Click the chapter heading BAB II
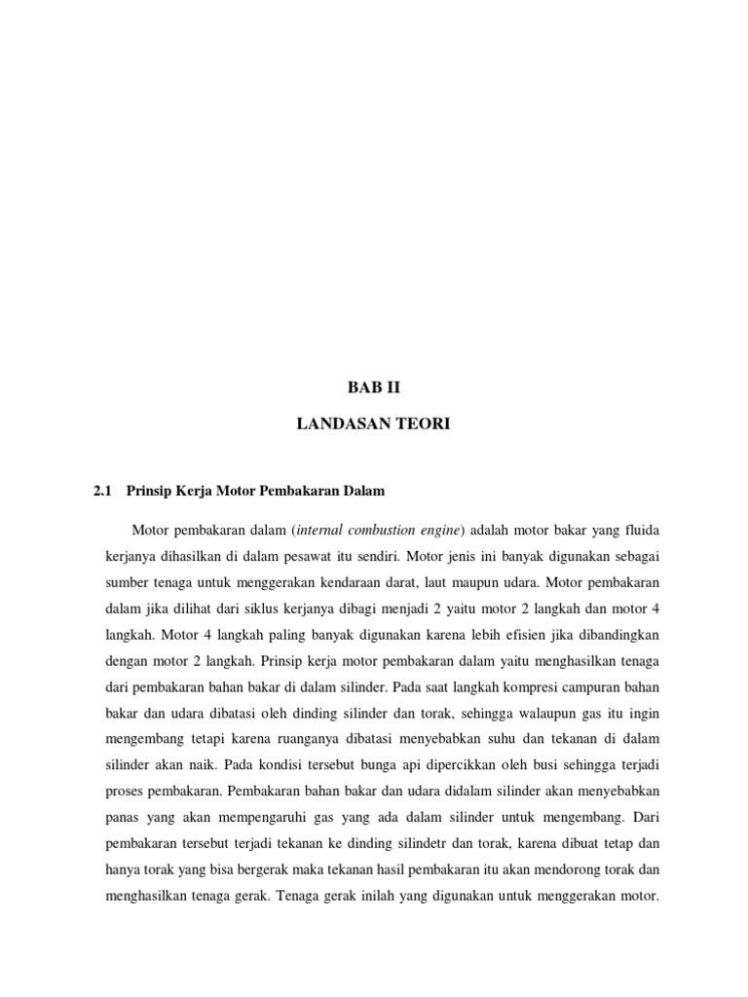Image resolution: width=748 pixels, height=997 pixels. pos(374,387)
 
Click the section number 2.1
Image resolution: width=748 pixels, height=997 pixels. pos(103,492)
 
